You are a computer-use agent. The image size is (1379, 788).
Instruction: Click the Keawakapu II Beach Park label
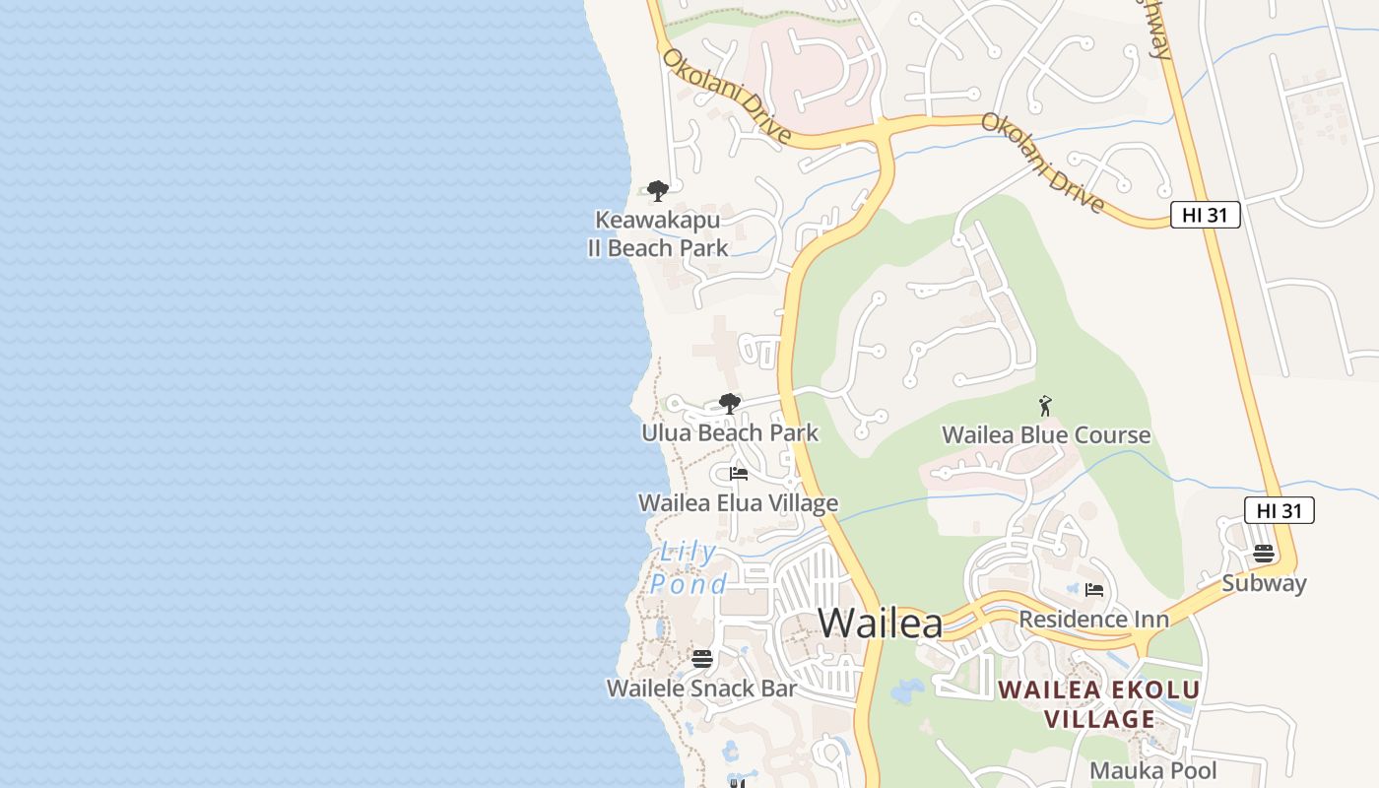tap(657, 233)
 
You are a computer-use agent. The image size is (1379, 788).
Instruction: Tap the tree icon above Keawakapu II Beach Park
tap(658, 190)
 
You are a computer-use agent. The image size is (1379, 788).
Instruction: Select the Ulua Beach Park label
tap(730, 432)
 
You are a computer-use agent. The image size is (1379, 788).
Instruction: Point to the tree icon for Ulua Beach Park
tap(730, 403)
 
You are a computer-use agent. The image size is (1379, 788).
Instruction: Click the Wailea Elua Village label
tap(738, 503)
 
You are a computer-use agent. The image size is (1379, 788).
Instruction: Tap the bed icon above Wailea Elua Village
tap(738, 474)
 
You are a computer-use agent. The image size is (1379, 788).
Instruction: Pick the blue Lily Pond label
tap(689, 568)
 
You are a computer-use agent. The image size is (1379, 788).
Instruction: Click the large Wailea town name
tap(880, 623)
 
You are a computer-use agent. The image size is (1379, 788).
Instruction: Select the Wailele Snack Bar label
tap(701, 689)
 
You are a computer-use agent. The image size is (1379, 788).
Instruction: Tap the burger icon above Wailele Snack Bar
tap(702, 658)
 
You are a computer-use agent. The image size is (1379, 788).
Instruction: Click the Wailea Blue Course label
tap(1046, 435)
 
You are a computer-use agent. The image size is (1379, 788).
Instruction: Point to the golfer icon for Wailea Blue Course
tap(1046, 405)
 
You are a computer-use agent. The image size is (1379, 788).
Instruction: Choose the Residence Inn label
tap(1093, 620)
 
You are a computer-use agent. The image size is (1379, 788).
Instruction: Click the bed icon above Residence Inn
tap(1093, 590)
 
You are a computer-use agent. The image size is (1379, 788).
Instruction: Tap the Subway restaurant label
tap(1264, 583)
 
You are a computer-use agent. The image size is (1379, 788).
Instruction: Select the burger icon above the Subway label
tap(1264, 554)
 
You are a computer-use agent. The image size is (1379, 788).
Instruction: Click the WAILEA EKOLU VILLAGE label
tap(1099, 704)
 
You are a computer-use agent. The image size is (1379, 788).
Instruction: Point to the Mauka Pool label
tap(1153, 770)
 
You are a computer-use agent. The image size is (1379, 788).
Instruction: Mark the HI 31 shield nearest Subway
tap(1280, 510)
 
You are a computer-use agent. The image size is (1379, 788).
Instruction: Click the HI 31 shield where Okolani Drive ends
tap(1205, 215)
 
